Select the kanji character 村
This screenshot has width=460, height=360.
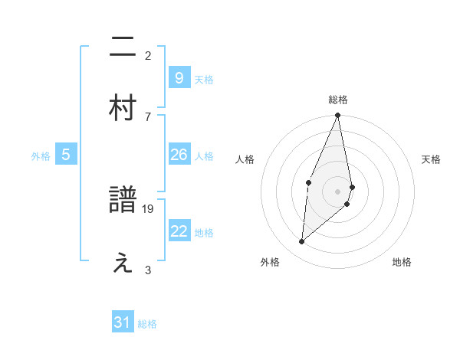coord(123,108)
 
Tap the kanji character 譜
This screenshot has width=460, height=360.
coord(123,201)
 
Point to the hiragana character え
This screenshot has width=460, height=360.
coord(123,263)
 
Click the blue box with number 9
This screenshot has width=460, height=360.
coord(179,77)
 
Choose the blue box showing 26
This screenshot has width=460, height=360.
coord(179,155)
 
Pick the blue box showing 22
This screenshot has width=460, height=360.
coord(179,231)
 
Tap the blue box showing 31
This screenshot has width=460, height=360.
coord(123,323)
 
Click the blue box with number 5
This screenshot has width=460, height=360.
coord(66,155)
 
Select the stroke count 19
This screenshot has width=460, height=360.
coord(149,208)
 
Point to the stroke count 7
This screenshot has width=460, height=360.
coord(148,116)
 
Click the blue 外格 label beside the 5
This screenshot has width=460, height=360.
coord(41,155)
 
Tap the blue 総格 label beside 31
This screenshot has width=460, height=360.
coord(147,324)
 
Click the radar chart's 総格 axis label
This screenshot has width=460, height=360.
coord(338,100)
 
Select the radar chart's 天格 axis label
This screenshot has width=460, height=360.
coord(432,159)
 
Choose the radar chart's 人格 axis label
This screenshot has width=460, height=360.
coord(245,159)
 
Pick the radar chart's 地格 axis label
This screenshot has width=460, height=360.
coord(402,262)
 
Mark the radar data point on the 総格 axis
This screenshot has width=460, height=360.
coord(338,116)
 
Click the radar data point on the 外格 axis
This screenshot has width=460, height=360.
coord(302,241)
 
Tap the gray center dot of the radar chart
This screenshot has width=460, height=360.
coord(338,191)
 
